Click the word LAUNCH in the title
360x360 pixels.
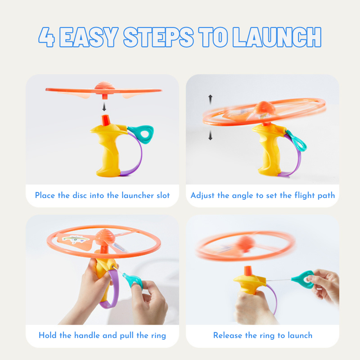click(x=277, y=37)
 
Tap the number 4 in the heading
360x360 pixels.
click(x=47, y=37)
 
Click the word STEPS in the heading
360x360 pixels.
click(x=159, y=37)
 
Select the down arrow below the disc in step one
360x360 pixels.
click(x=104, y=107)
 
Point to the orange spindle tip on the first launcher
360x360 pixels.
click(x=106, y=120)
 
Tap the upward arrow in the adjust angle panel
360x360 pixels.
click(x=210, y=99)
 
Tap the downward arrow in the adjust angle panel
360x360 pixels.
click(x=210, y=135)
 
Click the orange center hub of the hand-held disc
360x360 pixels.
click(x=105, y=237)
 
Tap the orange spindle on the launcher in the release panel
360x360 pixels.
click(x=248, y=271)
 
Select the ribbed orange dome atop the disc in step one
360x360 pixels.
click(x=105, y=85)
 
